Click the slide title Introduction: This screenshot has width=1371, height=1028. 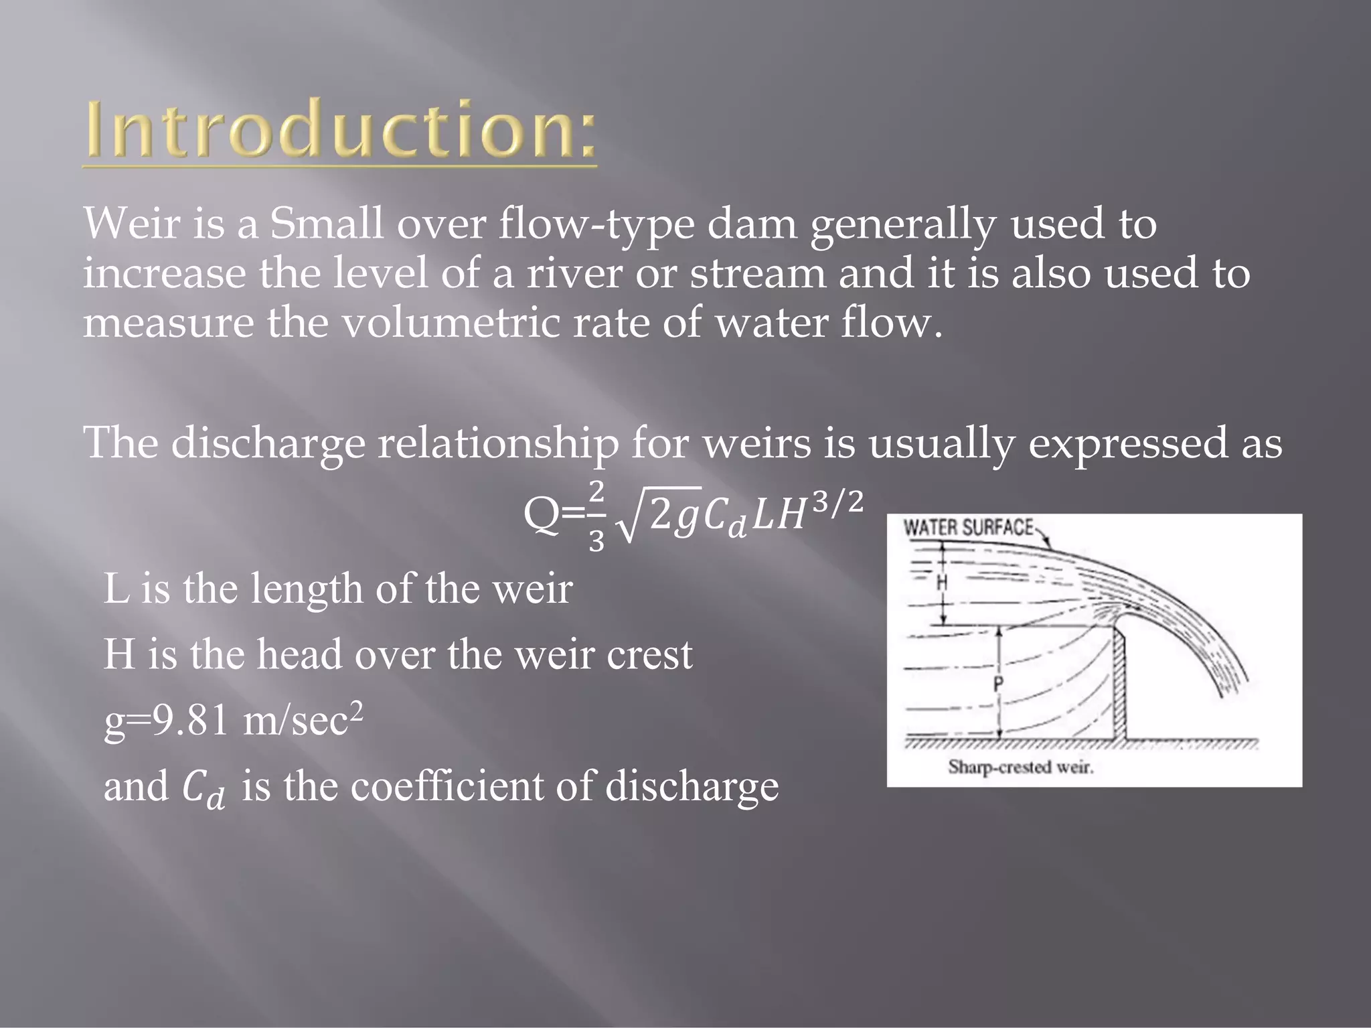point(340,129)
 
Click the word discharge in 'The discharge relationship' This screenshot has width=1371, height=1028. point(268,443)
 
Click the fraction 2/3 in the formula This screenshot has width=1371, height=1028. point(596,516)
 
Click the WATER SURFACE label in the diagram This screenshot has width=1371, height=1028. point(968,528)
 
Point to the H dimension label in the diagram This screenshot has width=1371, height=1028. point(942,583)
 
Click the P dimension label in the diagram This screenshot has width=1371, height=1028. point(998,684)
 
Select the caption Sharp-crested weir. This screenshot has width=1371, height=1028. point(1020,767)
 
